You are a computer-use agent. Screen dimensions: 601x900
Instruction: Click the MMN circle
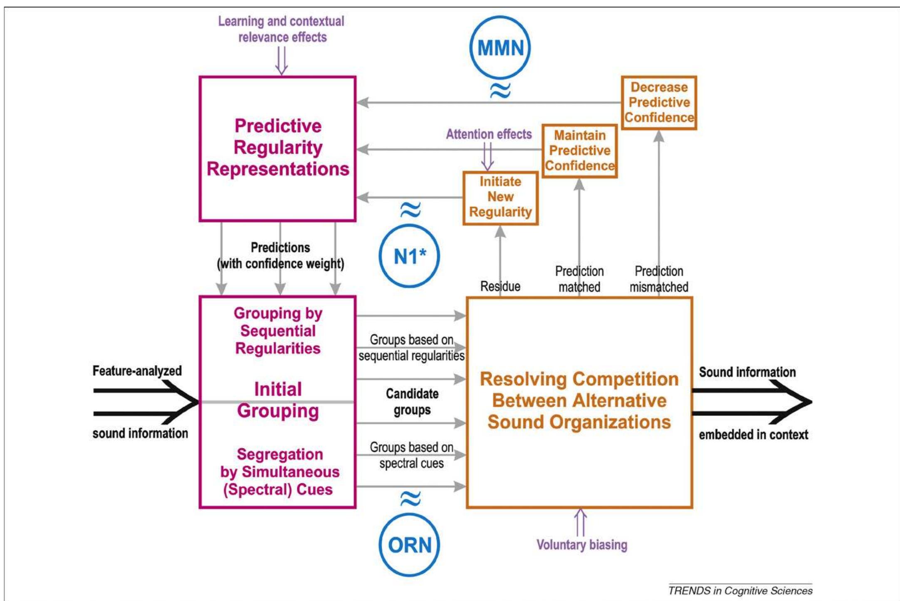pyautogui.click(x=500, y=47)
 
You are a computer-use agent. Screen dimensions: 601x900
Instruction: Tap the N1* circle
pyautogui.click(x=410, y=256)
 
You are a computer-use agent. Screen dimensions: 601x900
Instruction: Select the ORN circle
pyautogui.click(x=410, y=545)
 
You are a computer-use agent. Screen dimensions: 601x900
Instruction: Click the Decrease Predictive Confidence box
pyautogui.click(x=659, y=102)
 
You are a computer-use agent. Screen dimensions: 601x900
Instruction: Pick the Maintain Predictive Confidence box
pyautogui.click(x=579, y=151)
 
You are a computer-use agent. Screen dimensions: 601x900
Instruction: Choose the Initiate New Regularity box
pyautogui.click(x=500, y=197)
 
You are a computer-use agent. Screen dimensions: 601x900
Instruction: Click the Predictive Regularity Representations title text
pyautogui.click(x=278, y=148)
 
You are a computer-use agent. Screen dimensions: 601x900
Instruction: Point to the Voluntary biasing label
pyautogui.click(x=581, y=544)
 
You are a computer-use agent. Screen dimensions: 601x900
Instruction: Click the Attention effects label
pyautogui.click(x=489, y=134)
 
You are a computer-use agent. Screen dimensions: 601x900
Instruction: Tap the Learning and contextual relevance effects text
pyautogui.click(x=282, y=29)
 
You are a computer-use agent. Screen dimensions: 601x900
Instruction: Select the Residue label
pyautogui.click(x=500, y=286)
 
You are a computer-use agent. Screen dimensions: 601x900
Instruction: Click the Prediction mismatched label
pyautogui.click(x=659, y=279)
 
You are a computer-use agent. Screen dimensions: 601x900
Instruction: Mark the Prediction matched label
pyautogui.click(x=579, y=279)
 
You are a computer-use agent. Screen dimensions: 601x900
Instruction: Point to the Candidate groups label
pyautogui.click(x=412, y=401)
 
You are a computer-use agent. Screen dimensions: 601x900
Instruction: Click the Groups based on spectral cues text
pyautogui.click(x=411, y=455)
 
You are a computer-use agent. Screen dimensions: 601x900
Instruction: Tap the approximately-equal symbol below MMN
pyautogui.click(x=500, y=90)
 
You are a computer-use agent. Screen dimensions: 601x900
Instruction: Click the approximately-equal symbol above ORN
pyautogui.click(x=410, y=498)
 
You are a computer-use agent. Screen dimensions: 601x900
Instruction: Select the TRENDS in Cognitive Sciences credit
pyautogui.click(x=740, y=591)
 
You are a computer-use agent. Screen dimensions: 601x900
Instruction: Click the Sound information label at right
pyautogui.click(x=747, y=372)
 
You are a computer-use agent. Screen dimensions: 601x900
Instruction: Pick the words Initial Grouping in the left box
pyautogui.click(x=278, y=400)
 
